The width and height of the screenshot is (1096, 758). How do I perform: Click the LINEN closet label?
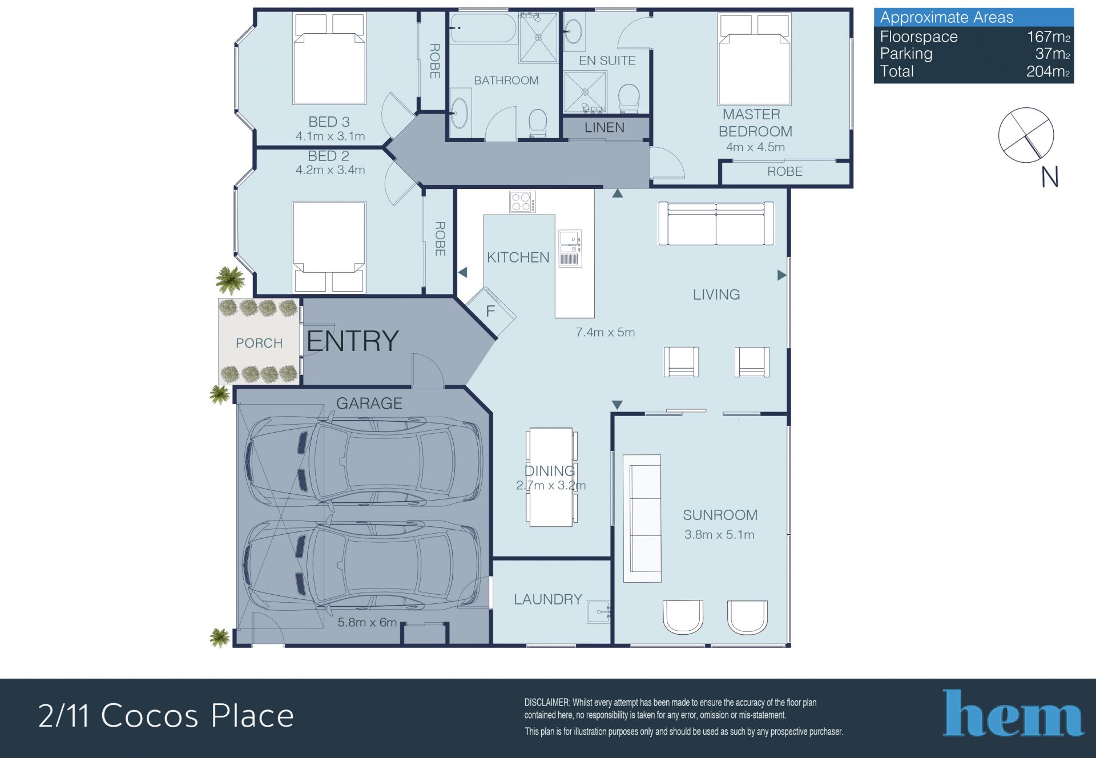coord(605,127)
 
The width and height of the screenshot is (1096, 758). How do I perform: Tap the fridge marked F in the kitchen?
coord(491,311)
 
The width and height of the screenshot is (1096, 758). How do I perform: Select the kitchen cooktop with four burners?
coord(522,201)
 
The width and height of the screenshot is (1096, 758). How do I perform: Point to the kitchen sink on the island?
coord(570,248)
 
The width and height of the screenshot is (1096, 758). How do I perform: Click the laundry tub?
coord(599,611)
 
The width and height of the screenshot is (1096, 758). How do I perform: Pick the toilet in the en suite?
coord(629,99)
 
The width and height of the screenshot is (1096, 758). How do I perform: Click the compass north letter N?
coord(1050,177)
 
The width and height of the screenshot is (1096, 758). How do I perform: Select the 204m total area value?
coord(1048,71)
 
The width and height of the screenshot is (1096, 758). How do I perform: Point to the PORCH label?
coord(259,343)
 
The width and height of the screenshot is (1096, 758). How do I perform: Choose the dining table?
coord(551,477)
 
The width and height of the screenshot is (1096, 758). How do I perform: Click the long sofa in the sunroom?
coord(642,518)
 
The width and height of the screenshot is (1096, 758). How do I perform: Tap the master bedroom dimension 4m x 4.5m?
coord(755,147)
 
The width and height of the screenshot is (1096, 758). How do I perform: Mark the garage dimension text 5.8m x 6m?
coord(367,622)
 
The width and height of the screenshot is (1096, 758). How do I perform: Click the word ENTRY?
coord(353,341)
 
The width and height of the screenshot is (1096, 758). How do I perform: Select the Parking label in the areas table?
coord(906,54)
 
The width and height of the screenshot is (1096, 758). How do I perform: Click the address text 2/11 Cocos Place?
coord(166,716)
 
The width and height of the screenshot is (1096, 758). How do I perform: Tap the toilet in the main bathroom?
coord(538,123)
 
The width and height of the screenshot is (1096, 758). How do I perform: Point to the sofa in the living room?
coord(716,224)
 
